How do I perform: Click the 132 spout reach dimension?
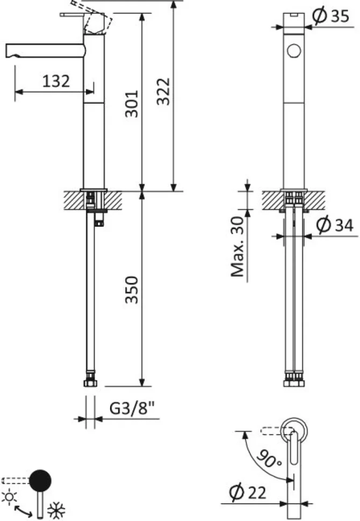(56, 82)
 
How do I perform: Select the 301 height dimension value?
(131, 104)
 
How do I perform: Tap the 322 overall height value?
(163, 91)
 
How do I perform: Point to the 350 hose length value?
(131, 290)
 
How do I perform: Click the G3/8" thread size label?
(132, 408)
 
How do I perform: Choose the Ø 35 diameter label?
(331, 16)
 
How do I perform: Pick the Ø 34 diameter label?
(335, 225)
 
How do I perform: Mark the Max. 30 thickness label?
(237, 247)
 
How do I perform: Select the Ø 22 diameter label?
(248, 493)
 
